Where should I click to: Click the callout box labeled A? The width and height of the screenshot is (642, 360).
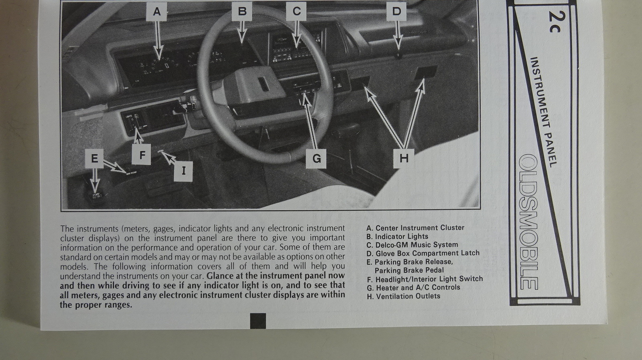(x=156, y=12)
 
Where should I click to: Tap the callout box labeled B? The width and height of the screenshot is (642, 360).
(x=242, y=12)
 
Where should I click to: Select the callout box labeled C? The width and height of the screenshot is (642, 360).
(x=296, y=12)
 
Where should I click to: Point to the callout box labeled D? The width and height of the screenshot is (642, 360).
(x=396, y=12)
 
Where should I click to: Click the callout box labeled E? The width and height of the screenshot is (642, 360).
(x=94, y=159)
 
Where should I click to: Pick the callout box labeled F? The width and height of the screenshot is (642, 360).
(x=141, y=155)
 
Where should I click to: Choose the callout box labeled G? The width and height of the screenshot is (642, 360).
(x=316, y=159)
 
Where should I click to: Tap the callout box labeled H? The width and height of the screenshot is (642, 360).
(x=404, y=158)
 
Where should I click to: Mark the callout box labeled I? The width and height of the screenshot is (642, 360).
(x=183, y=171)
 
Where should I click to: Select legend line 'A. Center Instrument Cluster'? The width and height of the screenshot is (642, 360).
(x=415, y=228)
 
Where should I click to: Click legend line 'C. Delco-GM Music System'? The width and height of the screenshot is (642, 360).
(x=412, y=245)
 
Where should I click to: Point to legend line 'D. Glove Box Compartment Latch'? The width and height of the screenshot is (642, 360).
(x=423, y=253)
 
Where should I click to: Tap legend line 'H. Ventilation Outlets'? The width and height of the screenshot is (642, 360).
(x=404, y=296)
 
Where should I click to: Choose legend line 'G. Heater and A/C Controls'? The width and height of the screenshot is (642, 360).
(x=413, y=287)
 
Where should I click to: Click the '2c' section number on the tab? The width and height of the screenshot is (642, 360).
(x=557, y=22)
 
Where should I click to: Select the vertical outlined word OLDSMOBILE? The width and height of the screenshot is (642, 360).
(x=528, y=222)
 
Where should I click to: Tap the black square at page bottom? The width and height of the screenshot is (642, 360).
(x=258, y=321)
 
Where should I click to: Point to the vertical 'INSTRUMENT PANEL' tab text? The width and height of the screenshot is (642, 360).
(x=543, y=112)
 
